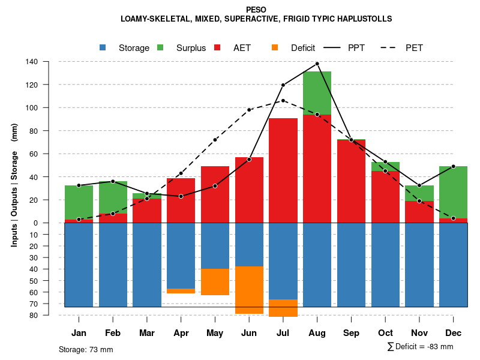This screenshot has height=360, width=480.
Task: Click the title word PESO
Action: [256, 9]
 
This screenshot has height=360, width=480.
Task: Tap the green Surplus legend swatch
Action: [160, 48]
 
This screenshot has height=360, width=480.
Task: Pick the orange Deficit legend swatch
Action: [275, 48]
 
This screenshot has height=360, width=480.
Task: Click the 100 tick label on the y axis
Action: [31, 108]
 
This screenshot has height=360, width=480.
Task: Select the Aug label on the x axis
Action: [317, 333]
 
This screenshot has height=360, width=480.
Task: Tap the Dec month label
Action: [453, 333]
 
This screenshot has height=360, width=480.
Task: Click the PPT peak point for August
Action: [317, 64]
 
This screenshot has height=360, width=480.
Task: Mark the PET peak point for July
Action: [283, 100]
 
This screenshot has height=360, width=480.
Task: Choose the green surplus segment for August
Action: [317, 93]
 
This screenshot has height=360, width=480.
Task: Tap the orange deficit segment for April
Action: [181, 291]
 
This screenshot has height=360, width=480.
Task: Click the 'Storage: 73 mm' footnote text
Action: [86, 349]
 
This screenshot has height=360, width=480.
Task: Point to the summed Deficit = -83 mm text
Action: [420, 347]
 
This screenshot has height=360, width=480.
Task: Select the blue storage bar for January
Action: [79, 264]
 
